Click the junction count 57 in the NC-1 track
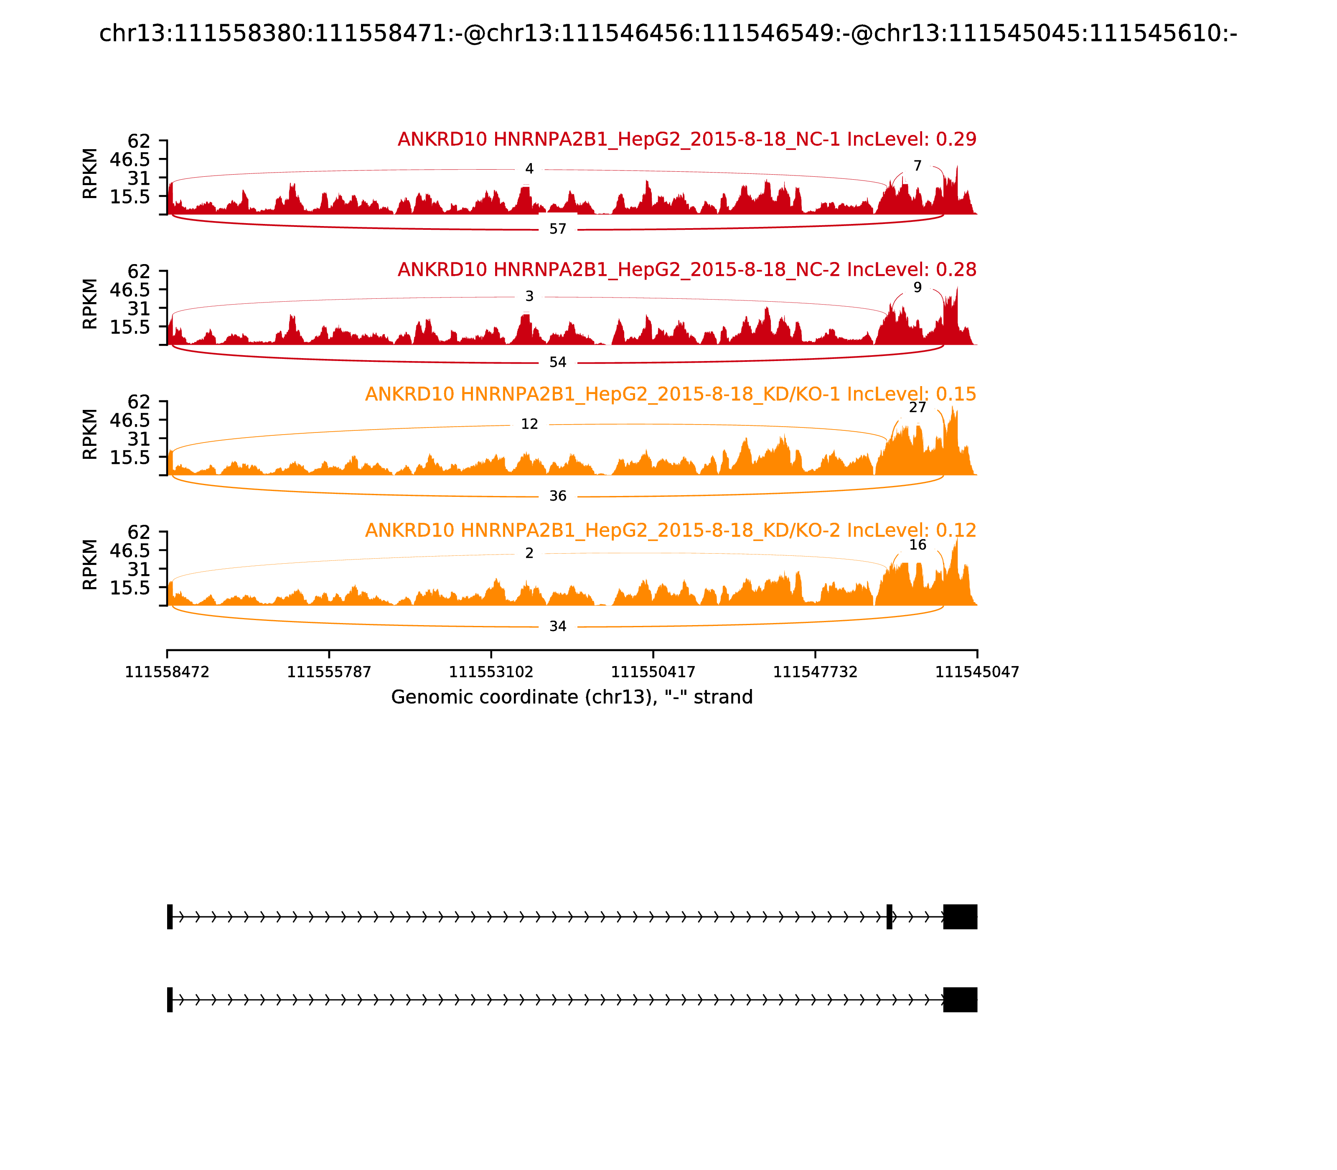click(557, 229)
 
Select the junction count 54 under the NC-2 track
click(557, 362)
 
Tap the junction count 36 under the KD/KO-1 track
click(557, 496)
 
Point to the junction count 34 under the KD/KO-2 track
click(557, 627)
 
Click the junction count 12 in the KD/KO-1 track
click(529, 425)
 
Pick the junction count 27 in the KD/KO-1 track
click(917, 407)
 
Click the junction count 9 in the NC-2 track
click(917, 287)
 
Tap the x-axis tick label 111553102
click(491, 672)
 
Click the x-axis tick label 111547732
click(815, 672)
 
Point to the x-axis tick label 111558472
click(167, 672)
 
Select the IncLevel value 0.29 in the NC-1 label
click(956, 139)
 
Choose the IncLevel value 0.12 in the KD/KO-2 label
click(956, 530)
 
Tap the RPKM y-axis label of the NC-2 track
click(90, 304)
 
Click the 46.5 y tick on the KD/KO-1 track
click(130, 420)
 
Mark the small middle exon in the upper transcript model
click(889, 917)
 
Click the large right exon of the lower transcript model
click(960, 1000)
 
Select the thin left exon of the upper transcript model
click(170, 917)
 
